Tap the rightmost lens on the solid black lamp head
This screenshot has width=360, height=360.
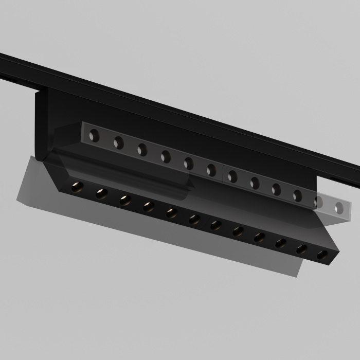point(322,254)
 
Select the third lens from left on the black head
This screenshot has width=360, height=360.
point(125,200)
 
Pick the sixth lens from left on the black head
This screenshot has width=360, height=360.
point(194,219)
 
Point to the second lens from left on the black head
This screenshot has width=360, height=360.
point(101,193)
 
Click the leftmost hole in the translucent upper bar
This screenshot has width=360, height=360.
point(94,136)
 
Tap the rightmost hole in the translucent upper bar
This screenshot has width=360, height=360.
point(338,207)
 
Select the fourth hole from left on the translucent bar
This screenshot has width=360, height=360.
point(165,156)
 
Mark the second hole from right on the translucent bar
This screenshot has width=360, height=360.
point(319,202)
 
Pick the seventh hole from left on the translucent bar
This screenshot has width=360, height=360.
point(232,176)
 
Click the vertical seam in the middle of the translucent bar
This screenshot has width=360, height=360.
point(222,174)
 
